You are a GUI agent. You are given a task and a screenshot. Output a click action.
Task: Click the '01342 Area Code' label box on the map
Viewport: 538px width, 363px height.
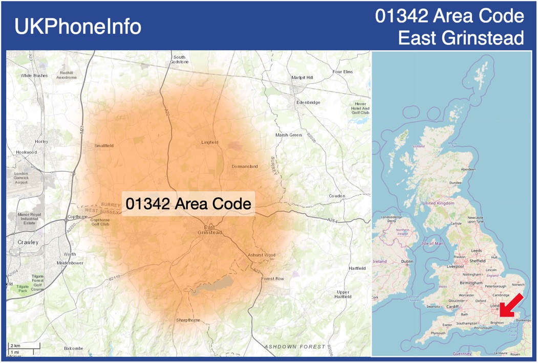tap(188, 204)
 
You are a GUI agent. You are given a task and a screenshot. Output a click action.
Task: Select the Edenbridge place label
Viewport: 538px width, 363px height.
tap(308, 103)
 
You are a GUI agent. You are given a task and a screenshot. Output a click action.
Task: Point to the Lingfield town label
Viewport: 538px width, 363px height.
tap(210, 142)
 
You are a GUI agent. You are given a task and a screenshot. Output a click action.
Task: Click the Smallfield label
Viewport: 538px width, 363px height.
tap(104, 146)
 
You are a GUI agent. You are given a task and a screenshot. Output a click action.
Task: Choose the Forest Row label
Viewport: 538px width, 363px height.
tap(272, 279)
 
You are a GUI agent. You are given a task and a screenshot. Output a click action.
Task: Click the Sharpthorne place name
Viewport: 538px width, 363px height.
tap(188, 320)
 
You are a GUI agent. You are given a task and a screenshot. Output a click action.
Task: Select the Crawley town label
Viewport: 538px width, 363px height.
tap(28, 242)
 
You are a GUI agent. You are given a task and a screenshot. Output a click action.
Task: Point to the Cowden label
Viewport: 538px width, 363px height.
tap(337, 196)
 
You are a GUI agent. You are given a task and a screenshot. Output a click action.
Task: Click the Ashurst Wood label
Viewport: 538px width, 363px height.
tap(262, 255)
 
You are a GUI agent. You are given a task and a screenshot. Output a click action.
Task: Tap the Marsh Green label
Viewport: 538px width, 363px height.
tap(289, 135)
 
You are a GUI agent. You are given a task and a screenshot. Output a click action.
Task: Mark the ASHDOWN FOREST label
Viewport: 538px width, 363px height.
tap(294, 347)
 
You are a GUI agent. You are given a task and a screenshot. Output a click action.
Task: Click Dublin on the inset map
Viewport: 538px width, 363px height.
tap(407, 261)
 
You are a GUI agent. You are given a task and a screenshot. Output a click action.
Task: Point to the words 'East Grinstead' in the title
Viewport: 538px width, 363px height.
tap(461, 37)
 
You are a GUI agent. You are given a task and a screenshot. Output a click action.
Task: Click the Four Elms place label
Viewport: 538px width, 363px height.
tap(342, 72)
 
